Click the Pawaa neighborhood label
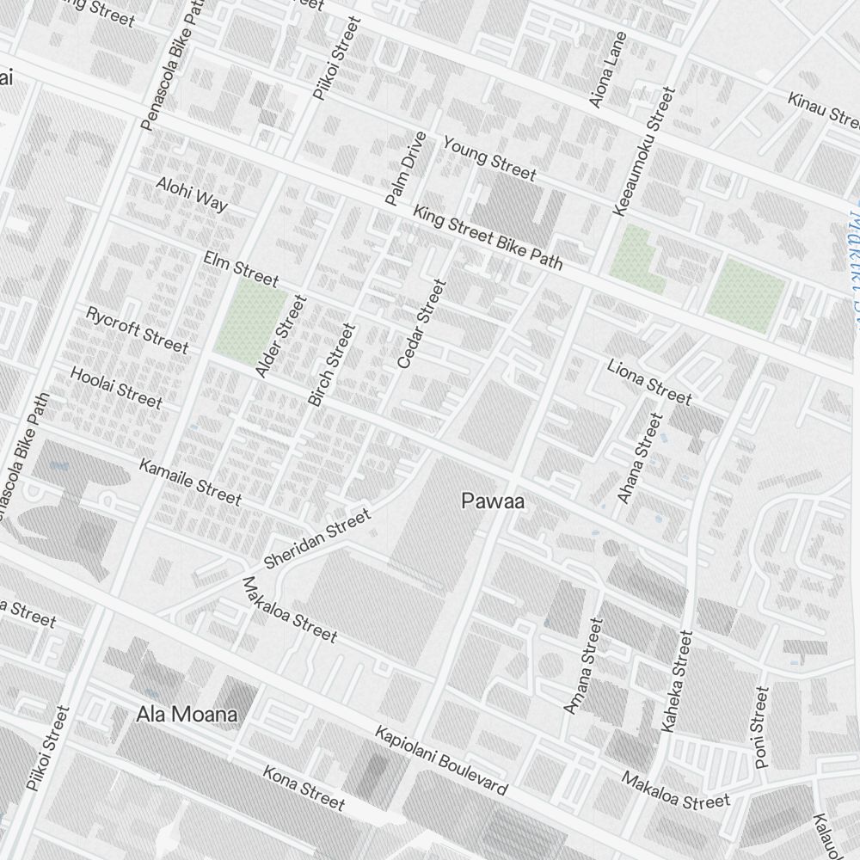493,501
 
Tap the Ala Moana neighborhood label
187,714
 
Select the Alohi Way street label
192,194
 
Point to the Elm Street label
241,268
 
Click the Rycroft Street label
137,329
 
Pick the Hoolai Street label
116,387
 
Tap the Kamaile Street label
190,482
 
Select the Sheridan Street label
318,538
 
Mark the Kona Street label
304,788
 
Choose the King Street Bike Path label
487,237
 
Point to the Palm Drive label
406,169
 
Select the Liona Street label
648,382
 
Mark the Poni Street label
761,727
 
